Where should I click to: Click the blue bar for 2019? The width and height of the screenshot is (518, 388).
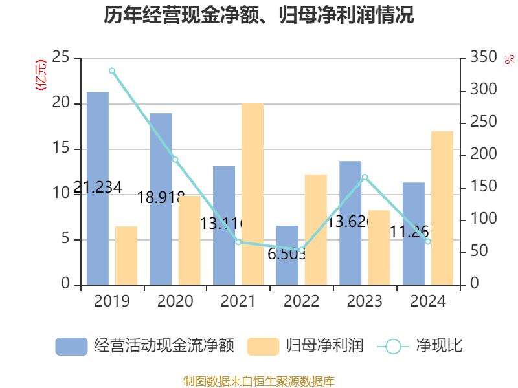98,188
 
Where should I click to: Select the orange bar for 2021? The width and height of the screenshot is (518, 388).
253,194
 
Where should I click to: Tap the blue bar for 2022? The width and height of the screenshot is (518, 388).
287,255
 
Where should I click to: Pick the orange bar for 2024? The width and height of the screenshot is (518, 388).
442,208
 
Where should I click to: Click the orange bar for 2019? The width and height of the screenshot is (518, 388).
126,255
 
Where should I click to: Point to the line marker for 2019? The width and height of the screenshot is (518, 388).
111,70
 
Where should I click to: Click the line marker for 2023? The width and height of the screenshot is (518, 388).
365,177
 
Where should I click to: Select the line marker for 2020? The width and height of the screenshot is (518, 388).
175,159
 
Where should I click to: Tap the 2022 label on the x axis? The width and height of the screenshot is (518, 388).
302,301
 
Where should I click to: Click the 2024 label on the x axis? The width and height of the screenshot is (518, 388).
428,301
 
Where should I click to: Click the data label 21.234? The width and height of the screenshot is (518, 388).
98,188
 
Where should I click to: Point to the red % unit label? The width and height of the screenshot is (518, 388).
509,59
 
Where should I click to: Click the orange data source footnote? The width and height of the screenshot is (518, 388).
259,381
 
